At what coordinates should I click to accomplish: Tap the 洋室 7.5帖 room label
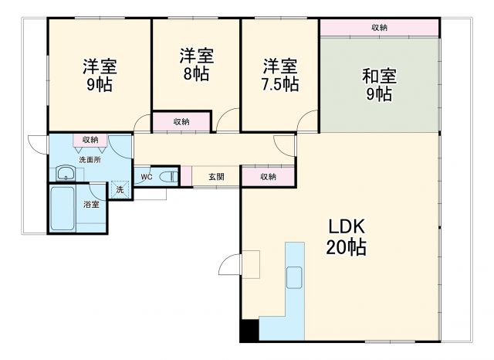coord(279,75)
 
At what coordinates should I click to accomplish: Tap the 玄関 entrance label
coord(216,177)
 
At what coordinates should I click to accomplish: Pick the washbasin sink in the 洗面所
coord(65,173)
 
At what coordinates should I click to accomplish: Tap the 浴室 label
coord(91,205)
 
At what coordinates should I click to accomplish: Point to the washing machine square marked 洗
coord(120,189)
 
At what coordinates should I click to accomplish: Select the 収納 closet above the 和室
coord(379,28)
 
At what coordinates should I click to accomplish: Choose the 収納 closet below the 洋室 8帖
coord(181,121)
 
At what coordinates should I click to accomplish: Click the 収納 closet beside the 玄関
coord(268,177)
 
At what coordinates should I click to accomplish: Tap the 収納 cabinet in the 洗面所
coord(90,140)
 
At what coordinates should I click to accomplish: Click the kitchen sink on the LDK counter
coord(295,277)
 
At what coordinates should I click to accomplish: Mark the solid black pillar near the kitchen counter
coord(249,331)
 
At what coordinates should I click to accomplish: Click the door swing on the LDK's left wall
coord(231,266)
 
